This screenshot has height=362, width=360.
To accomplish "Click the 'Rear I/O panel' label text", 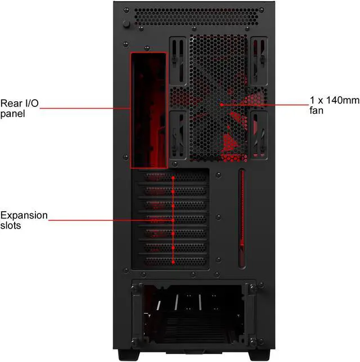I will [x=15, y=108].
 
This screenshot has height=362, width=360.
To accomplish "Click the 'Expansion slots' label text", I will [x=24, y=220].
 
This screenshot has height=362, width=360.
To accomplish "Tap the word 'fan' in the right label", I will [x=316, y=110].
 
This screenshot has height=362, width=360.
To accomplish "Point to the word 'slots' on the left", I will [x=12, y=225].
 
